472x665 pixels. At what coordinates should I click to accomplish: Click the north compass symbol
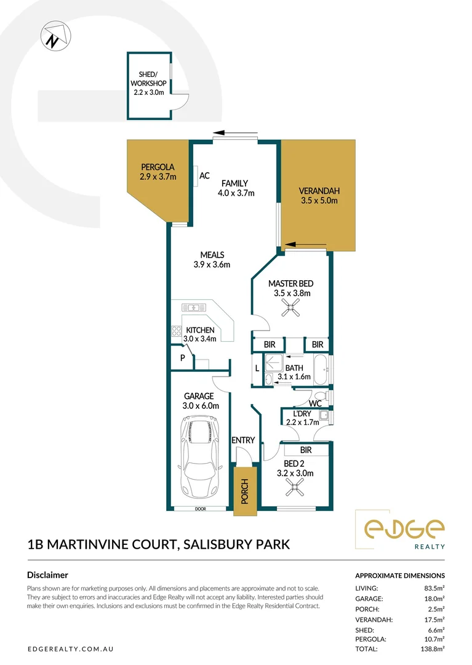(x=53, y=37)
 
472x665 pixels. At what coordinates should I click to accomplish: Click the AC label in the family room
(x=205, y=176)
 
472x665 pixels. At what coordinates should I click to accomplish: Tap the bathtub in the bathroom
(x=318, y=369)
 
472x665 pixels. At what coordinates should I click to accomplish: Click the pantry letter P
(x=183, y=358)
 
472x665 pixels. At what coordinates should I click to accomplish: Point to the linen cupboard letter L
(x=257, y=369)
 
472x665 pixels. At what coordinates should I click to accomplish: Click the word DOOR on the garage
(x=200, y=509)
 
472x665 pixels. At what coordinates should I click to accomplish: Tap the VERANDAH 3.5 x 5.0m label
(x=319, y=195)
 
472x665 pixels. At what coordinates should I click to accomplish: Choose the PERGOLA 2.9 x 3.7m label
(x=158, y=172)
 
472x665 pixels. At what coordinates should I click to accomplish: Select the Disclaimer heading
(x=47, y=574)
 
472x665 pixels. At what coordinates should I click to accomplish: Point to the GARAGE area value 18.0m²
(x=434, y=598)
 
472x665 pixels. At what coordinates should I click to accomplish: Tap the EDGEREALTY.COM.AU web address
(x=70, y=649)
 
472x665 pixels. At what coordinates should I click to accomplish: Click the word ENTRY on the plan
(x=242, y=440)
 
